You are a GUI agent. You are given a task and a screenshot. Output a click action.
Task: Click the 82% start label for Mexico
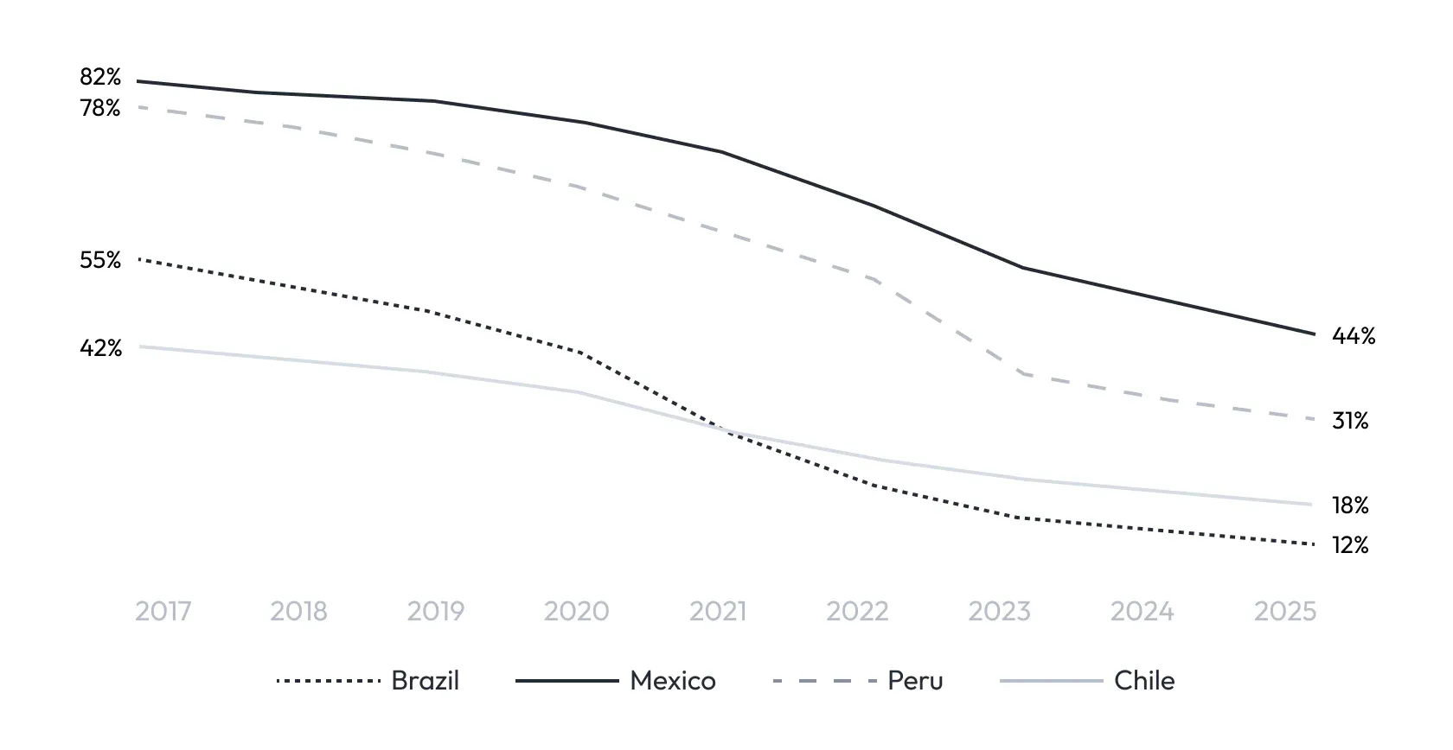point(100,78)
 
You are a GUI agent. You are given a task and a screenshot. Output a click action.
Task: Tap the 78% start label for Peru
point(100,109)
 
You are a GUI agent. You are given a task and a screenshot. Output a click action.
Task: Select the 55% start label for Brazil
point(100,260)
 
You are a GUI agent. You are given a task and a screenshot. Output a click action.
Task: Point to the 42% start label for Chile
point(100,348)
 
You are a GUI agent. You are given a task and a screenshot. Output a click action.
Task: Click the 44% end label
point(1353,336)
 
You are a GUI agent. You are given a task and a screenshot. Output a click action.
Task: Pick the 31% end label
point(1350,421)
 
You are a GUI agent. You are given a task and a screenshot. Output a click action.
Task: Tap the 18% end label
point(1350,505)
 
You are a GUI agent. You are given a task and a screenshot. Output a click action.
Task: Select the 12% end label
point(1350,545)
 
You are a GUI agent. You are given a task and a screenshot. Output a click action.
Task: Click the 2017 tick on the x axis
point(163,612)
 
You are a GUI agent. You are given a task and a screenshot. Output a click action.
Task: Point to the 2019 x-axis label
point(435,612)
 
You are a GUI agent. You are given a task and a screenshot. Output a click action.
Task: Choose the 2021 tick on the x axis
point(717,612)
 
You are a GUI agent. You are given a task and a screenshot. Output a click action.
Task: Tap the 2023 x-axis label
point(999,612)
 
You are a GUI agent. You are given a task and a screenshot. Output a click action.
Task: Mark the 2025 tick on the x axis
point(1284,612)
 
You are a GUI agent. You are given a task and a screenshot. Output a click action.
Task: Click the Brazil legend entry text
point(425,681)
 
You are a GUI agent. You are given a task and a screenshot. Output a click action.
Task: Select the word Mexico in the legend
point(673,681)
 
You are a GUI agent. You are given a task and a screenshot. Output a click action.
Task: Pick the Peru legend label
point(915,681)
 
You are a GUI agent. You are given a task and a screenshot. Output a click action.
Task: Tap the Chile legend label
point(1144,681)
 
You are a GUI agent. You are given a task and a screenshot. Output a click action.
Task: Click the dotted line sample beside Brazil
point(329,681)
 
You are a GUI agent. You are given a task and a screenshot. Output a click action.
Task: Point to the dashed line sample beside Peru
point(825,681)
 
